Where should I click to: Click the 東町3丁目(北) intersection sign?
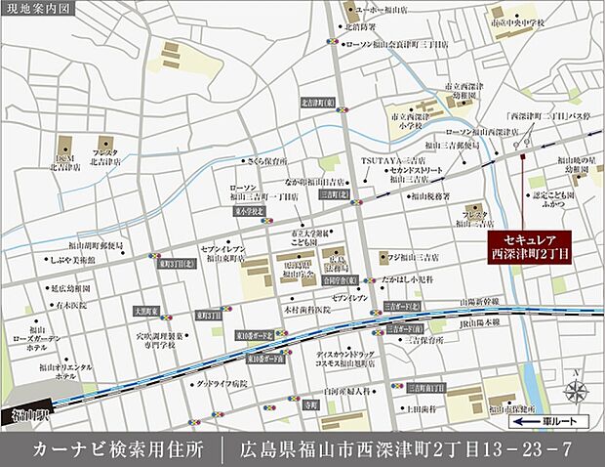(176, 263)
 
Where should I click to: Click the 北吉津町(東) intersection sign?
(318, 102)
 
